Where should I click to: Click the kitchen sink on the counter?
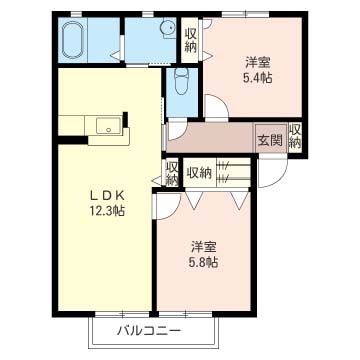[x=108, y=125]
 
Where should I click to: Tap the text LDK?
[x=105, y=195]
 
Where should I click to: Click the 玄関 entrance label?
[x=267, y=139]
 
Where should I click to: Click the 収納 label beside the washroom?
[x=191, y=40]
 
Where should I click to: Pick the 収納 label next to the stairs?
[x=199, y=172]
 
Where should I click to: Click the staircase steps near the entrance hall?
[x=234, y=173]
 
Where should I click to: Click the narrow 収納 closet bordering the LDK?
[x=172, y=172]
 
